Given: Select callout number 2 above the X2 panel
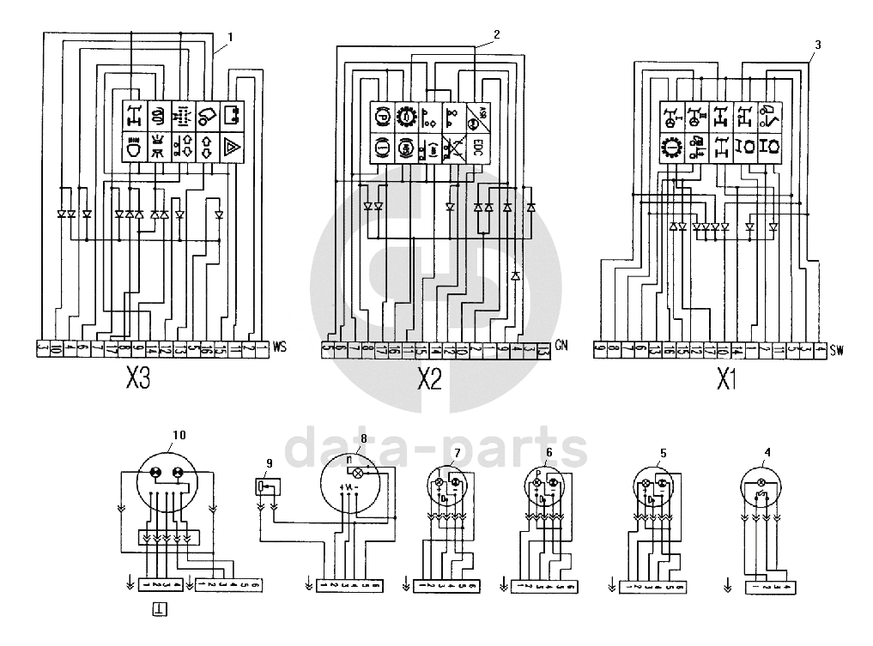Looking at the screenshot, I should [x=495, y=34].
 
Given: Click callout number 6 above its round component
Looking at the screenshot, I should [x=549, y=452].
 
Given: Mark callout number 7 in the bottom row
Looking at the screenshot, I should [x=458, y=452].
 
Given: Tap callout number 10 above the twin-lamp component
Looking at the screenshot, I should [x=178, y=434].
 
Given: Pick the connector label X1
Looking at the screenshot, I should [x=726, y=378].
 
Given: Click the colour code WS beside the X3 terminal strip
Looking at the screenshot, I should [x=278, y=348].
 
